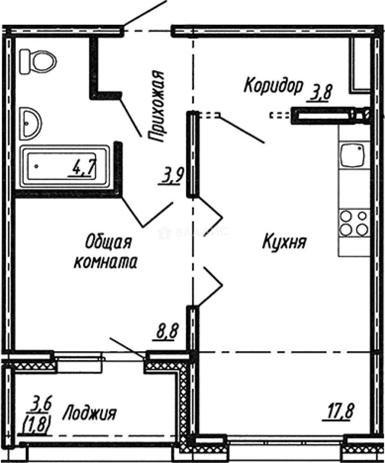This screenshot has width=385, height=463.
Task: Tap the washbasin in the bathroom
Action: (30, 123)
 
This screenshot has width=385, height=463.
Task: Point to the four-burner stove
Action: (354, 222)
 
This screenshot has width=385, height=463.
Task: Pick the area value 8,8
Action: (166, 331)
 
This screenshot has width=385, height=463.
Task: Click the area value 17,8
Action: (337, 413)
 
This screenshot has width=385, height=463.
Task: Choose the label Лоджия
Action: (90, 414)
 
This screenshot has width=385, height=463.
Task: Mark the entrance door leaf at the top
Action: (144, 12)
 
